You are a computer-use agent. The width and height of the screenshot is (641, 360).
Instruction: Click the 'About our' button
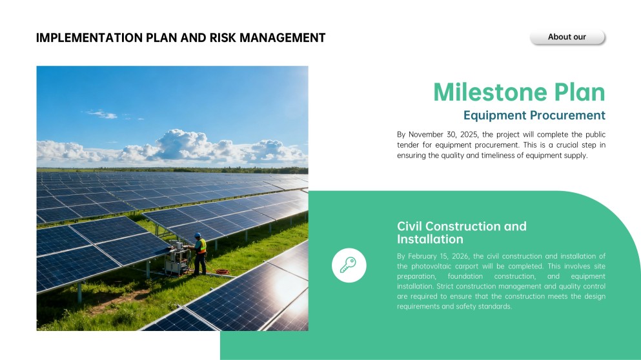(x=567, y=37)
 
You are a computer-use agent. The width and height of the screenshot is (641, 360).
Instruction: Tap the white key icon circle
(x=349, y=265)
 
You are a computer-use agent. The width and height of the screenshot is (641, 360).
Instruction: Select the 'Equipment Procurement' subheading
(x=534, y=115)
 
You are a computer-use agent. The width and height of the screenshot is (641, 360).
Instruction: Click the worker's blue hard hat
(x=198, y=235)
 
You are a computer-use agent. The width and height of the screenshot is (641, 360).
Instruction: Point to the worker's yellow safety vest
(x=201, y=246)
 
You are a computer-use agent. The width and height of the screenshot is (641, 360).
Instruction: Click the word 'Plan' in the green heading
(x=580, y=92)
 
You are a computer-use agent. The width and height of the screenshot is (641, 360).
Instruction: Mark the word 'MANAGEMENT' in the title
(x=282, y=38)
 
